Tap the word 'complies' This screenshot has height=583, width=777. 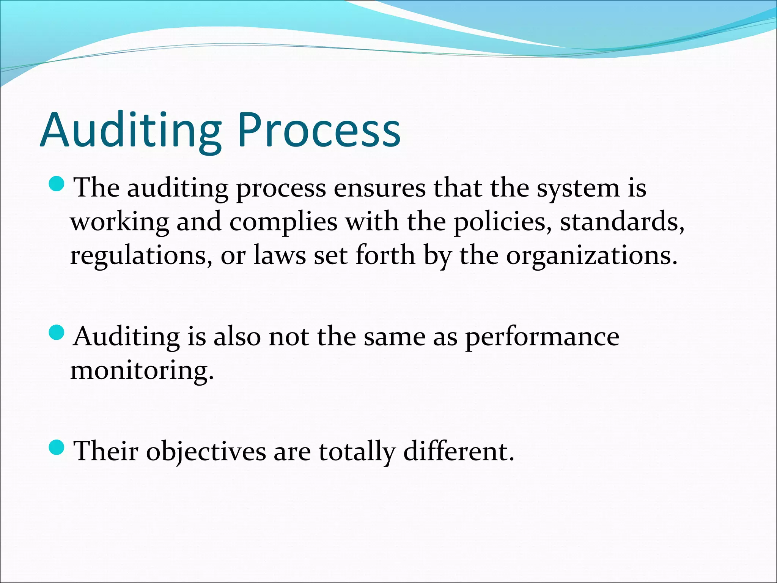[283, 223]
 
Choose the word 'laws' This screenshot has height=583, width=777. [280, 255]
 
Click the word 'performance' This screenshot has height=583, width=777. [542, 337]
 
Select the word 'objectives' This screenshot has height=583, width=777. [206, 452]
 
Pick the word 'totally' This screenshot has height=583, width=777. [357, 452]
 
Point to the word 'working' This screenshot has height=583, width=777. [120, 223]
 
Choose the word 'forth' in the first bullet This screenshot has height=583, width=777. [385, 255]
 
